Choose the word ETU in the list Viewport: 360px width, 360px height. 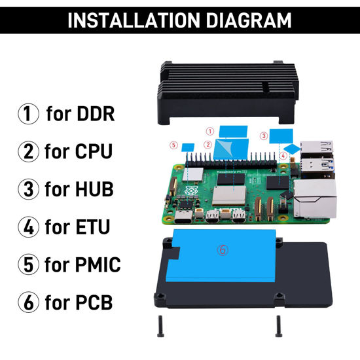pos(90,228)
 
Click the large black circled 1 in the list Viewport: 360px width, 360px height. pos(28,114)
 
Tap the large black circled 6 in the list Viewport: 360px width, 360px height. pos(28,303)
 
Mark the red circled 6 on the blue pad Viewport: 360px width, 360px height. pos(223,250)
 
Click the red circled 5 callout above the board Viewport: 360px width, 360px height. pos(173,145)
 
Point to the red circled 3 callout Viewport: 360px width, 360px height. pos(263,136)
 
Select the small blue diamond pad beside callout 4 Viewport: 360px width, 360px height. pos(293,149)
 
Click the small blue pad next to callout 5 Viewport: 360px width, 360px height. pos(187,146)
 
